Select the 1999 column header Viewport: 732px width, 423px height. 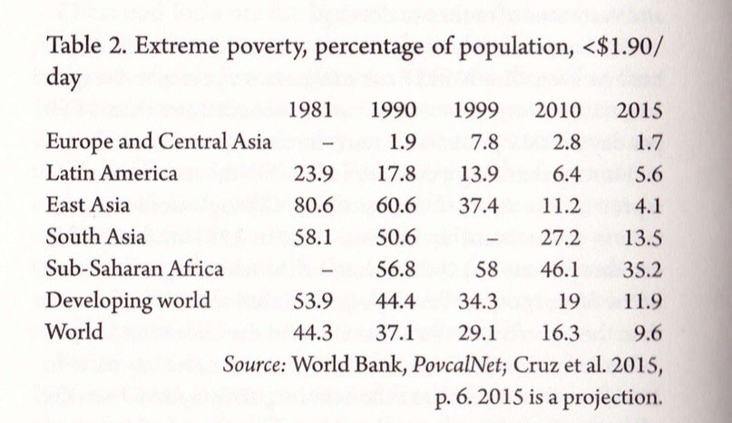click(x=476, y=113)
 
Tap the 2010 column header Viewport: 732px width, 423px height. click(x=558, y=113)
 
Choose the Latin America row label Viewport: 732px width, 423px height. click(x=112, y=173)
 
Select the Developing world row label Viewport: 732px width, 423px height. click(x=128, y=300)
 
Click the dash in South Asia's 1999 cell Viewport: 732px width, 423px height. click(x=489, y=238)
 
